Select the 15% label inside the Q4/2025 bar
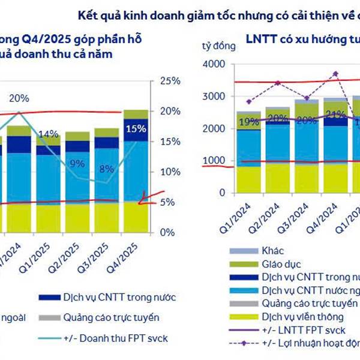click(x=136, y=128)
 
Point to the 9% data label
click(x=77, y=163)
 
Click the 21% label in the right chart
click(x=334, y=115)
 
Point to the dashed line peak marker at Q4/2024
click(x=335, y=74)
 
